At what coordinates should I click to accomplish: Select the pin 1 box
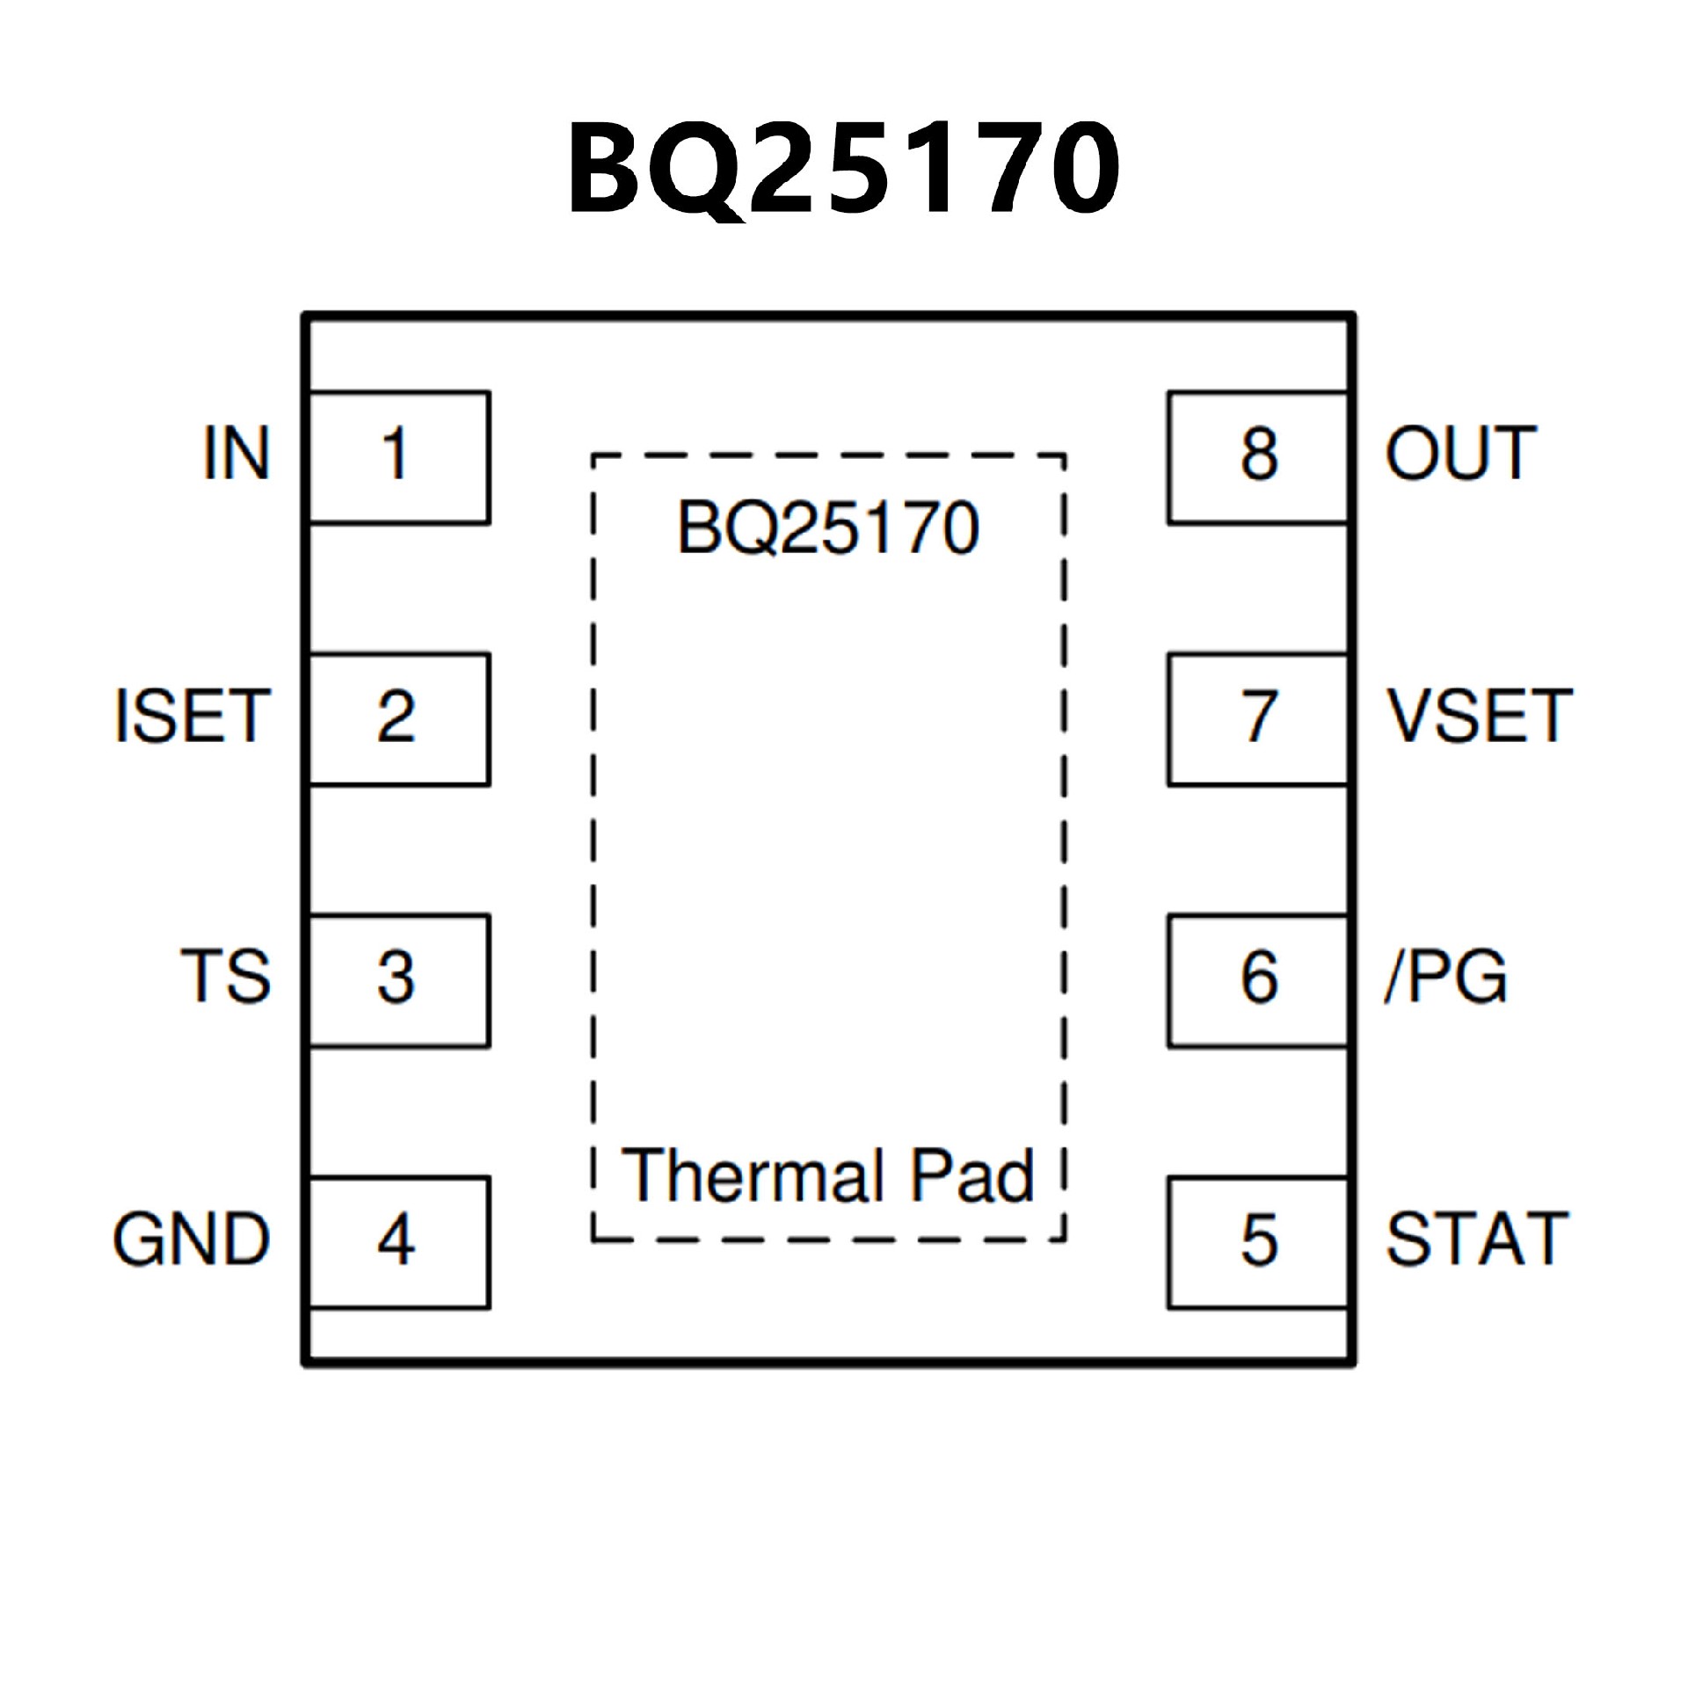[x=399, y=457]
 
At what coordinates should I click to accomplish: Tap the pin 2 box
[x=399, y=718]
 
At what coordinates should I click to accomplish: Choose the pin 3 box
[x=399, y=980]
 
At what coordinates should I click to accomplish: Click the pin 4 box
[x=399, y=1241]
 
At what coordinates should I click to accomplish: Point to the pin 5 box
[x=1258, y=1241]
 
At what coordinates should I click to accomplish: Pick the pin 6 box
[x=1258, y=980]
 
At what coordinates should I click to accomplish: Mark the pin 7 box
[x=1258, y=718]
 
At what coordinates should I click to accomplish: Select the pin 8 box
[x=1258, y=457]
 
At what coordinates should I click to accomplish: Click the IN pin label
[x=236, y=454]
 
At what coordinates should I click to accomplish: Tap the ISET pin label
[x=192, y=716]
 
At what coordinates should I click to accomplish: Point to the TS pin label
[x=225, y=977]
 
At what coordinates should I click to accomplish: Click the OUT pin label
[x=1460, y=454]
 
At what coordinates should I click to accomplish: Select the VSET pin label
[x=1480, y=716]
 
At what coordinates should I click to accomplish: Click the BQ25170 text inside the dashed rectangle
[x=828, y=527]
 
